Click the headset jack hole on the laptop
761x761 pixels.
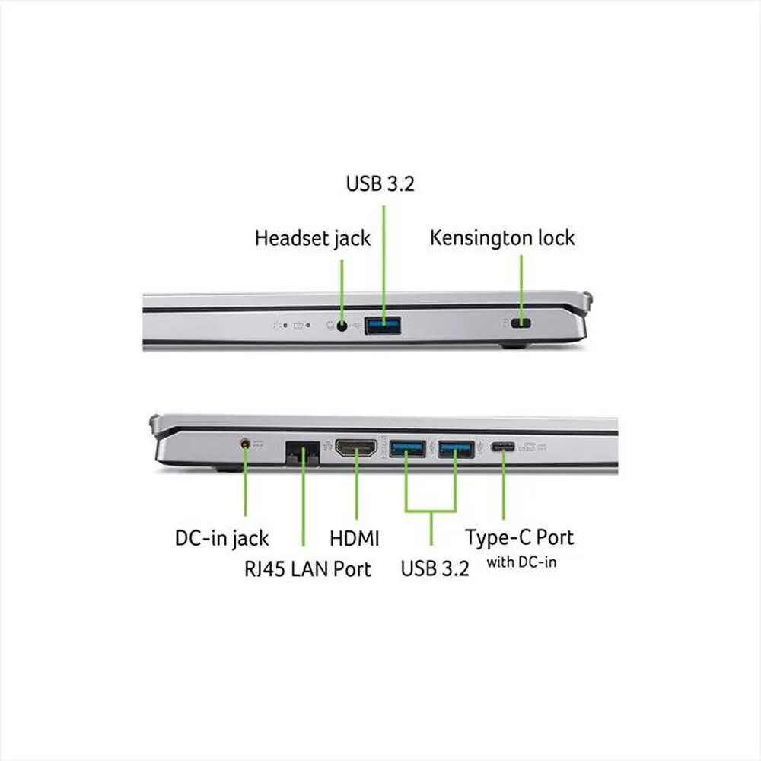point(342,326)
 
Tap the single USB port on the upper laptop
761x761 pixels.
point(383,326)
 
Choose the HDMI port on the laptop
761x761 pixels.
point(355,450)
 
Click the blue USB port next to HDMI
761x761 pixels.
point(407,449)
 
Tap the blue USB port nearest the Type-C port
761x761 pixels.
point(456,449)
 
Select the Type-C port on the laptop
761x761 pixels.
point(502,447)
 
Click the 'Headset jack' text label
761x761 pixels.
point(312,238)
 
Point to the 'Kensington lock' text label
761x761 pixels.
point(502,237)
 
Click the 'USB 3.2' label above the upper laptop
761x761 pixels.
point(380,184)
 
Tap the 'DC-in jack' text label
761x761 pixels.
point(221,539)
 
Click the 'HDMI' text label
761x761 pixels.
point(355,539)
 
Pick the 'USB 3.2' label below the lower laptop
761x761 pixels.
point(435,568)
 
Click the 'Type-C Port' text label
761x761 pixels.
point(520,537)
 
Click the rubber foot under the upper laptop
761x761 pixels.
point(514,345)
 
